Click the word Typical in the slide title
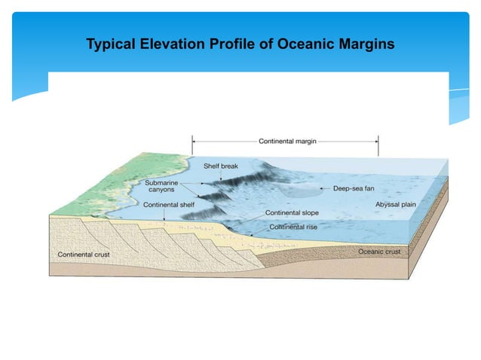point(111,44)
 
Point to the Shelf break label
point(221,166)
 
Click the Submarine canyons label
point(162,185)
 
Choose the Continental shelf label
point(168,204)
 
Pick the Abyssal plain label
point(396,204)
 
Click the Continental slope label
point(293,212)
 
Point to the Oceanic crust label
point(379,252)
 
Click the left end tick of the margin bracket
point(193,141)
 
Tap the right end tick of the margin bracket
point(378,141)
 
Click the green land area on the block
point(83,188)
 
